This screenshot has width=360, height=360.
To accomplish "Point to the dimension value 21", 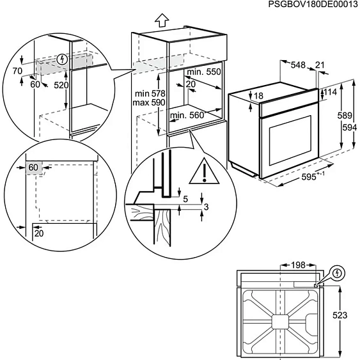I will coord(320,65).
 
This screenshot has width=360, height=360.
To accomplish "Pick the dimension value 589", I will coord(345,116).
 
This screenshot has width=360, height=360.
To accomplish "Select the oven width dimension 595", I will coord(309,179).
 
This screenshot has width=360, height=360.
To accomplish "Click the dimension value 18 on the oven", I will coord(258,96).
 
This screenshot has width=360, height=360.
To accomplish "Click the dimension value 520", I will coord(61,85).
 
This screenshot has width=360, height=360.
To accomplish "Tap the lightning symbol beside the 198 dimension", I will coord(338,274).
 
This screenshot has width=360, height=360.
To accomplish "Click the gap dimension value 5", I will coord(185,199).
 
